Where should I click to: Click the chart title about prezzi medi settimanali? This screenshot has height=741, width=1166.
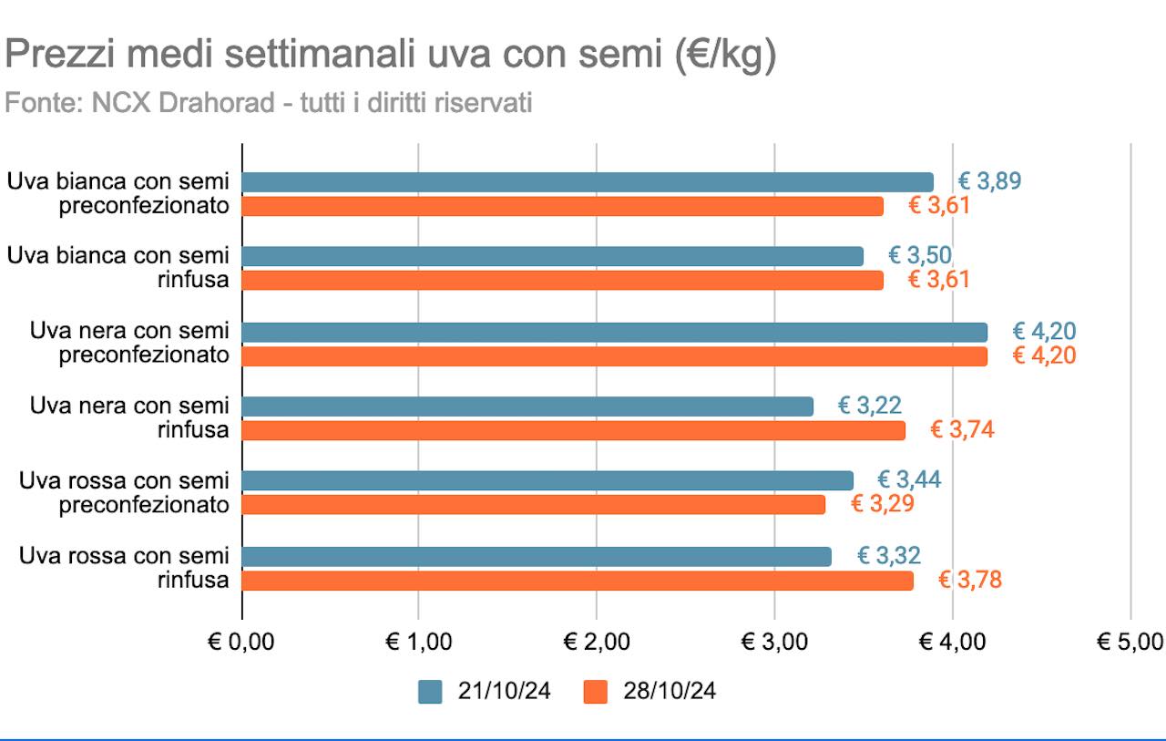tap(391, 56)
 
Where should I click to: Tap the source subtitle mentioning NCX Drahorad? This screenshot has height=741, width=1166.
tap(269, 103)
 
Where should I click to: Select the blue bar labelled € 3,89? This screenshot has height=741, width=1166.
tap(588, 182)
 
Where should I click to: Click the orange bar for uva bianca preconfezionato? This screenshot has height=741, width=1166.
tap(562, 206)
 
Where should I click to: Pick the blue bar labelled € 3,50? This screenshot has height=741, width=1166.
tap(552, 256)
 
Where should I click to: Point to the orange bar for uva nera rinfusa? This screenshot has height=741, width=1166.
tap(573, 430)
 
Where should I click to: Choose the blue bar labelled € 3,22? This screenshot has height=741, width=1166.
tap(527, 407)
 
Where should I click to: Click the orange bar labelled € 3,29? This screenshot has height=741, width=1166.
tap(533, 504)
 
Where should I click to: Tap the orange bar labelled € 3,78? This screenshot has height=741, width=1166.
tap(578, 581)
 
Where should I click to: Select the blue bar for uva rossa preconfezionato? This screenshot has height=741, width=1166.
tap(547, 480)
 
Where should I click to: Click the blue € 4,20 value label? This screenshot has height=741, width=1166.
tap(1044, 332)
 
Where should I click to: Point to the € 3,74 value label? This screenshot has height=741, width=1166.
tap(962, 430)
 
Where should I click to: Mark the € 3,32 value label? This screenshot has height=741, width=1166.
tap(889, 555)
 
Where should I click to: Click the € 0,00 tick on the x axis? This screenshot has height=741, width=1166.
tap(241, 642)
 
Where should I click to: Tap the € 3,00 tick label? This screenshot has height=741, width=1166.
tap(774, 642)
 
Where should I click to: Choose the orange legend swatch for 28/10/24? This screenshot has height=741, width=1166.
tap(595, 692)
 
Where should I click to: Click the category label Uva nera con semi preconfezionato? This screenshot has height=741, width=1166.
tap(129, 343)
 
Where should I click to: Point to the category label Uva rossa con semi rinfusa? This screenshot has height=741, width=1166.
tap(124, 567)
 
